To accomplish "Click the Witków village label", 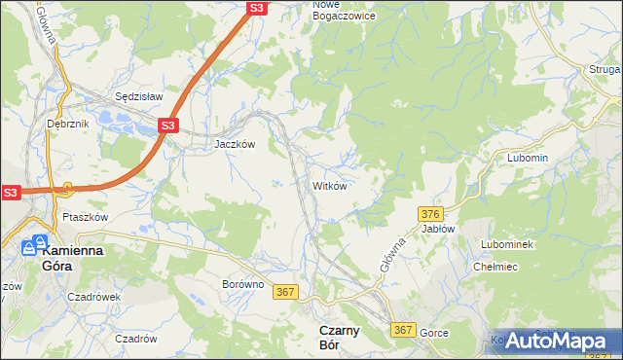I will click(329, 185).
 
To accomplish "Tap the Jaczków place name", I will click(235, 143).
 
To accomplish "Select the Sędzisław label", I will click(138, 97).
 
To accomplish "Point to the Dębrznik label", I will click(67, 124).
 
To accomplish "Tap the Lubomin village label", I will click(528, 158).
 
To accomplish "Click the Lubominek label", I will click(507, 244).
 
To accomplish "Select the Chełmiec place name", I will click(494, 266).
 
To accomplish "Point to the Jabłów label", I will click(439, 229).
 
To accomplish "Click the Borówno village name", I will click(242, 284).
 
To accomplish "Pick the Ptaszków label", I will click(85, 217).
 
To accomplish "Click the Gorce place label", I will click(434, 333).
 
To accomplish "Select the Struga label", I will click(605, 69).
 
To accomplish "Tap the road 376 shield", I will click(432, 213).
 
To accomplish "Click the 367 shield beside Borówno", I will click(285, 292).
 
